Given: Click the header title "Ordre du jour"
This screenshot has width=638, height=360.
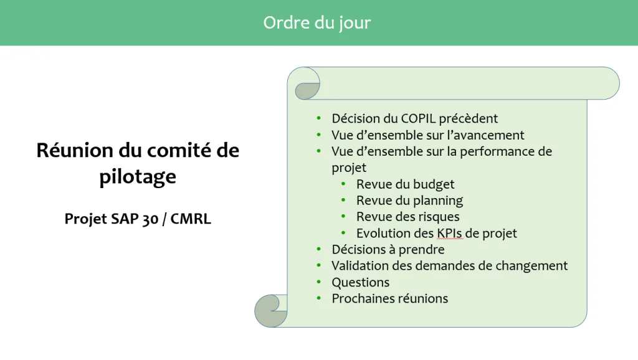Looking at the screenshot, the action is pos(317,23).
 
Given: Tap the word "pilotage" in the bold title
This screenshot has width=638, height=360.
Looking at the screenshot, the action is pos(138,177).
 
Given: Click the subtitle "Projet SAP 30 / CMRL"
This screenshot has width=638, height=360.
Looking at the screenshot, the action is pos(138,219).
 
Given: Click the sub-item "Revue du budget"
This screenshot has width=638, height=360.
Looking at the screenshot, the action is pos(405,184).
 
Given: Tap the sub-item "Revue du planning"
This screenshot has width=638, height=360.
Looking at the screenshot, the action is pos(410,201).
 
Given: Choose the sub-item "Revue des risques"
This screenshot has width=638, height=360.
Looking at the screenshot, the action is pos(407,217).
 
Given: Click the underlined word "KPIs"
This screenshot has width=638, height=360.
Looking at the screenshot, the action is pos(450,233).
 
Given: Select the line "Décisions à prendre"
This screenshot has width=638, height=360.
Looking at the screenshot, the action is pos(388,249).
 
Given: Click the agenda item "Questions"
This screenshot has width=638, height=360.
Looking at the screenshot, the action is pos(361,282).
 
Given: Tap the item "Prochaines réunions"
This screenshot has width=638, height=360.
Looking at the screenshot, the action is pos(390,298).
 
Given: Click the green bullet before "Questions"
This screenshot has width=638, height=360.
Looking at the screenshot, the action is pos(318,282).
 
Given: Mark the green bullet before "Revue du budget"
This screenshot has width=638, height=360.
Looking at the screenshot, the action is pos(343,184).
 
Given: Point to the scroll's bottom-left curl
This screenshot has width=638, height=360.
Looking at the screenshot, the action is pos(269,313).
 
